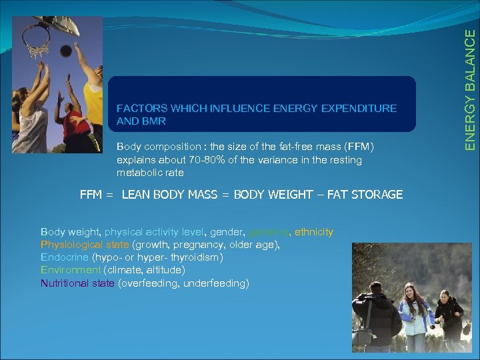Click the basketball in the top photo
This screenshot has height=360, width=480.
66,51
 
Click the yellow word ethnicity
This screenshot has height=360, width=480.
313,232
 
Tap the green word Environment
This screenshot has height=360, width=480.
71,270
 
